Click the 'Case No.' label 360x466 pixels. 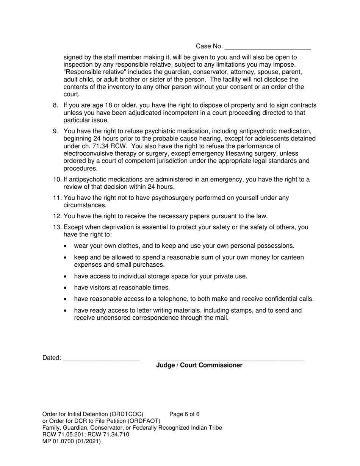(x=209, y=46)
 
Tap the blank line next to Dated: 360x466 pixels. (x=101, y=358)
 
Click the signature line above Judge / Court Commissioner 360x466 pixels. (x=230, y=358)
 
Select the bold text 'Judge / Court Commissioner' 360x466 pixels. (x=199, y=365)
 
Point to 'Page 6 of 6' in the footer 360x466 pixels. (x=185, y=414)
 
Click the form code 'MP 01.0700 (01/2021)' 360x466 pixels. (x=72, y=441)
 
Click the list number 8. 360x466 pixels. (x=56, y=105)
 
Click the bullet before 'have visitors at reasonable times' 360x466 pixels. (x=66, y=288)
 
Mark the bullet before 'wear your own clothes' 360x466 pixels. (x=66, y=246)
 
